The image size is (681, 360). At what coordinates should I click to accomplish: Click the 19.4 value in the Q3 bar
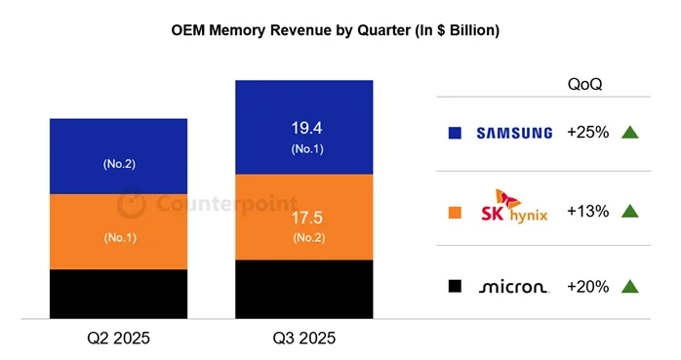click(x=304, y=127)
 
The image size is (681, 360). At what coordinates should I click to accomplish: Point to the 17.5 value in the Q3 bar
click(x=304, y=217)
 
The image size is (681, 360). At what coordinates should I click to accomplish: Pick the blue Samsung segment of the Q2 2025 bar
click(x=118, y=156)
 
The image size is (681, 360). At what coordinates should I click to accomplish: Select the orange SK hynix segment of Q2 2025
click(x=118, y=232)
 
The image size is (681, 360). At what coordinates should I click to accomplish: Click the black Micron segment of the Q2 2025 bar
click(x=118, y=294)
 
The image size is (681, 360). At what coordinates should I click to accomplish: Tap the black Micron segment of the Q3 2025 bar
click(x=304, y=289)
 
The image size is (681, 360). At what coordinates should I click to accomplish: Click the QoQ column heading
click(x=584, y=84)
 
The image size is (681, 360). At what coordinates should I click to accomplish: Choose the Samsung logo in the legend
click(x=513, y=133)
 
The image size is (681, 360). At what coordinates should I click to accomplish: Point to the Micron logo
click(x=514, y=287)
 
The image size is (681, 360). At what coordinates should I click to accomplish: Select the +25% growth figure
click(x=587, y=133)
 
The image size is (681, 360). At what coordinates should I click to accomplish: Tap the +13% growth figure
click(x=587, y=210)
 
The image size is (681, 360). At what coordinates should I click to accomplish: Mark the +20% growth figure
click(x=587, y=287)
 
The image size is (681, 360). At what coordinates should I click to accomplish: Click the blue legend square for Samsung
click(x=455, y=133)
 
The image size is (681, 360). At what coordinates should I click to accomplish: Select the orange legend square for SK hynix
click(x=455, y=210)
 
